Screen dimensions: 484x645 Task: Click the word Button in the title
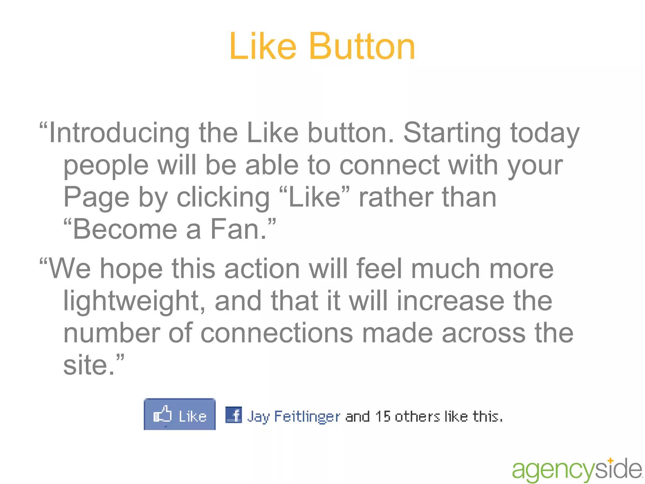coord(362,47)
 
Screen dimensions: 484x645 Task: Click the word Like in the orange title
coord(263,47)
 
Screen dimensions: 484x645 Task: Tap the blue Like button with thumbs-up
coord(180,414)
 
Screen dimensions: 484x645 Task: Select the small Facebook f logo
coord(234,415)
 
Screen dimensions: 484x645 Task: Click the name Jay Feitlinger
coord(294,417)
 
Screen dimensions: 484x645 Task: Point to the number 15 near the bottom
coord(383,417)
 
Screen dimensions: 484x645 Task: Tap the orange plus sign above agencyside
coord(610,461)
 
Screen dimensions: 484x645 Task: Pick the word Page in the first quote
coord(96,198)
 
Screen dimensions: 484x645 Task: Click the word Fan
coord(238,229)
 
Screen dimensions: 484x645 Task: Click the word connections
coord(277,333)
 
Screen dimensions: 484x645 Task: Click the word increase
coord(450,301)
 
